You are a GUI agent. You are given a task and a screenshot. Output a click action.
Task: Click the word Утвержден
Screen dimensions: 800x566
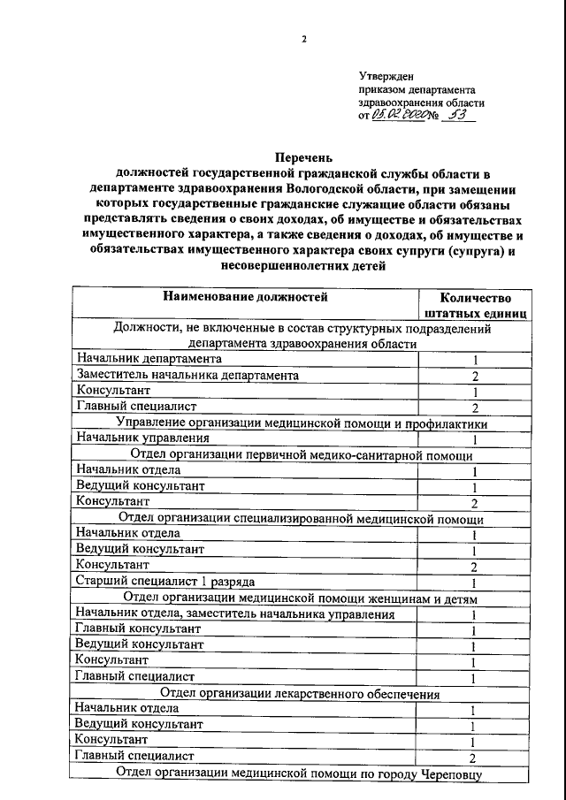386,77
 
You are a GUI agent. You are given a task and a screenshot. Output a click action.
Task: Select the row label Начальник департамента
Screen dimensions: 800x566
149,359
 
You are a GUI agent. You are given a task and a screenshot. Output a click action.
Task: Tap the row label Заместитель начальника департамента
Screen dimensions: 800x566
187,375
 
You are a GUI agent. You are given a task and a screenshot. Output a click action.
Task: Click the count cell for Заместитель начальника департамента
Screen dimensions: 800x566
475,376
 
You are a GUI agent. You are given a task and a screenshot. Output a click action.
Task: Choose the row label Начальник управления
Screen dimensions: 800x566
143,438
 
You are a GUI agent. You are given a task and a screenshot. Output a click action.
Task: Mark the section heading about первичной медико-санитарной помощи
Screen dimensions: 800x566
302,455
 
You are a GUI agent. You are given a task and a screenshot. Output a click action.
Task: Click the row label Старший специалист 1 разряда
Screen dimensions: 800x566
165,581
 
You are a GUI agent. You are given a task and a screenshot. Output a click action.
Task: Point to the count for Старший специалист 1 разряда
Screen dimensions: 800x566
475,583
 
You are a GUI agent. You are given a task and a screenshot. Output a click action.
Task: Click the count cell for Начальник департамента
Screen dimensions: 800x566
475,360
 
